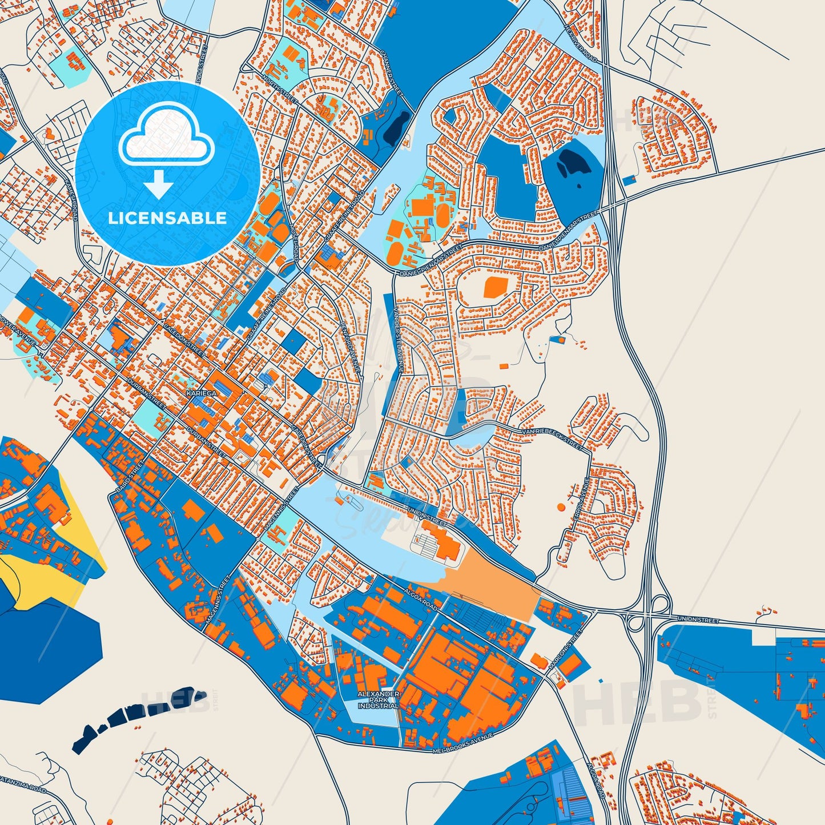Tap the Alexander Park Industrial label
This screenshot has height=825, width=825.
pyautogui.click(x=378, y=699)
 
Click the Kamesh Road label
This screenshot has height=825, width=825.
pyautogui.click(x=71, y=198)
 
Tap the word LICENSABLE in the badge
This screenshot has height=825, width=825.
pyautogui.click(x=167, y=218)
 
